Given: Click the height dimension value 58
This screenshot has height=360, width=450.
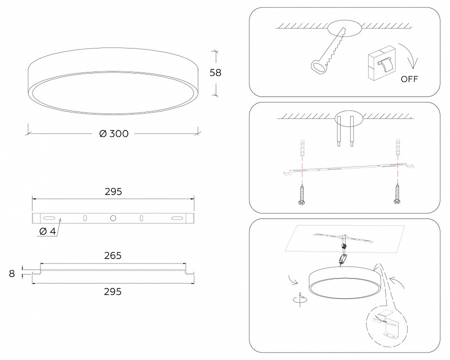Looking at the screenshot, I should tap(215, 72).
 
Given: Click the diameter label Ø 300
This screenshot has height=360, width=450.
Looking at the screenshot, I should tap(114, 133).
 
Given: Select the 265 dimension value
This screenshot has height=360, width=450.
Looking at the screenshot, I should tap(113, 255).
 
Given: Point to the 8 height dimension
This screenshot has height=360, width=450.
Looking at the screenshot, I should tap(12, 273).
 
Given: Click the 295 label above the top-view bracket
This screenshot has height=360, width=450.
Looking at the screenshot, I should tap(113, 191).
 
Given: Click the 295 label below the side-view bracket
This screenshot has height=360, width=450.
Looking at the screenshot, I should tap(113, 291).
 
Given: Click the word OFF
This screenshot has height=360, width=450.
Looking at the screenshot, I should tap(409, 79).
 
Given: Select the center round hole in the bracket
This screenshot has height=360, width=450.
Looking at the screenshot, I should tap(113, 218).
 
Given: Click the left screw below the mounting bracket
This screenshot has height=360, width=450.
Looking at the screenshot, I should tap(301, 194).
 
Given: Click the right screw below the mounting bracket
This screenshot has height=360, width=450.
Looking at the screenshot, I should tap(397, 194).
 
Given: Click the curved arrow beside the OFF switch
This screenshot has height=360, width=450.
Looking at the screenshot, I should tap(412, 58).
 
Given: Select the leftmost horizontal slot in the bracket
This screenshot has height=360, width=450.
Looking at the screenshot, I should tap(49, 218).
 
